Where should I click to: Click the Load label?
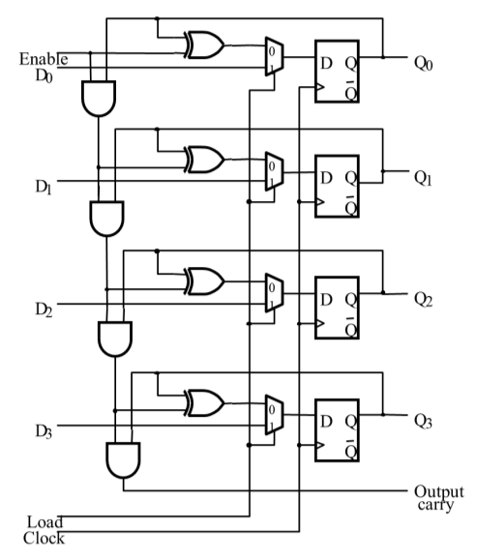pos(45,522)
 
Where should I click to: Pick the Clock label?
pos(45,538)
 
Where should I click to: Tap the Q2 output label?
pos(427,299)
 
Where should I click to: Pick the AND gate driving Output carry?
pos(122,459)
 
